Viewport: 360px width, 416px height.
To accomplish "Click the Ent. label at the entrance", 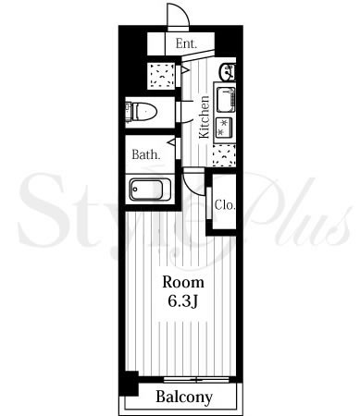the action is pos(186,43).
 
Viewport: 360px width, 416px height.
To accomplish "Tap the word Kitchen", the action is pos(204,117).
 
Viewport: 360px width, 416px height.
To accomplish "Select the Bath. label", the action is pos(146,154).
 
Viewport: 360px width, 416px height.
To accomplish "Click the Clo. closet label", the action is pos(225,204).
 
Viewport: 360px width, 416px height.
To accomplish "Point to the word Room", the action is pos(183,282).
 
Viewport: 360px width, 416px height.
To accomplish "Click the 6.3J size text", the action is pos(182,301).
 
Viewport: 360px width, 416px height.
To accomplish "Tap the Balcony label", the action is pos(184,397).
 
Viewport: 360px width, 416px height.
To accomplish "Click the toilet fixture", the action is pos(142,111).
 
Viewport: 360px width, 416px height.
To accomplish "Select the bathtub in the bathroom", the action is pos(150,190).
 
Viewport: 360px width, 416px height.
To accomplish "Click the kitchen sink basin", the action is pos(226,100).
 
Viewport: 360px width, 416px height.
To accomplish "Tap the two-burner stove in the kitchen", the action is pos(225,128).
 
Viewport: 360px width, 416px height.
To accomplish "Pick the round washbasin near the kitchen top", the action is pos(227,72).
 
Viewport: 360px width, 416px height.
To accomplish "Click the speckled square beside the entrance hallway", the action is pos(161,76).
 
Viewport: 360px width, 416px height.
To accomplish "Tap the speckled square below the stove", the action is pos(224,155).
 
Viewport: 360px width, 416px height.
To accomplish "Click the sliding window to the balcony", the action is pos(196,379).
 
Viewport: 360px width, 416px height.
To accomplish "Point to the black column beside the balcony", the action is pos(129,384).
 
